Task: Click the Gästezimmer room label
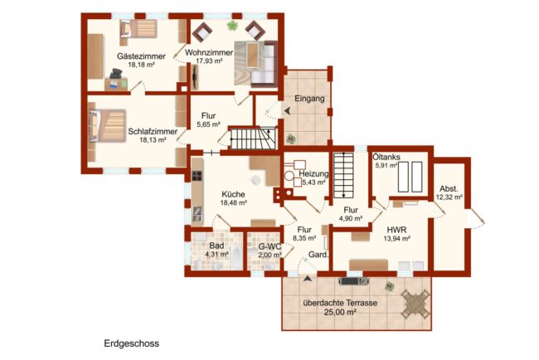[x=141, y=56]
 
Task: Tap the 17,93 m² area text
[x=209, y=61]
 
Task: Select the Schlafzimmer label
[x=153, y=131]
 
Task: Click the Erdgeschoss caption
[x=132, y=343]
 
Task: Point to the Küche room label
[x=233, y=194]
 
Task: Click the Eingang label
[x=309, y=99]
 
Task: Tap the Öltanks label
[x=386, y=157]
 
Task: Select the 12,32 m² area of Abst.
[x=449, y=197]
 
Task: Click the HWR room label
[x=396, y=230]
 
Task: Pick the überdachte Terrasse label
[x=340, y=304]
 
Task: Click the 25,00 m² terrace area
[x=340, y=313]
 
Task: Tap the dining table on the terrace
[x=415, y=304]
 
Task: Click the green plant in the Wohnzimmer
[x=232, y=25]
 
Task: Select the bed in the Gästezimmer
[x=138, y=28]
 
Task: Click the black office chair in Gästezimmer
[x=116, y=74]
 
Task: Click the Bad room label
[x=216, y=246]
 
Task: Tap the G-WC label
[x=269, y=246]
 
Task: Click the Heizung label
[x=313, y=174]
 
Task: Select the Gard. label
[x=318, y=255]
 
